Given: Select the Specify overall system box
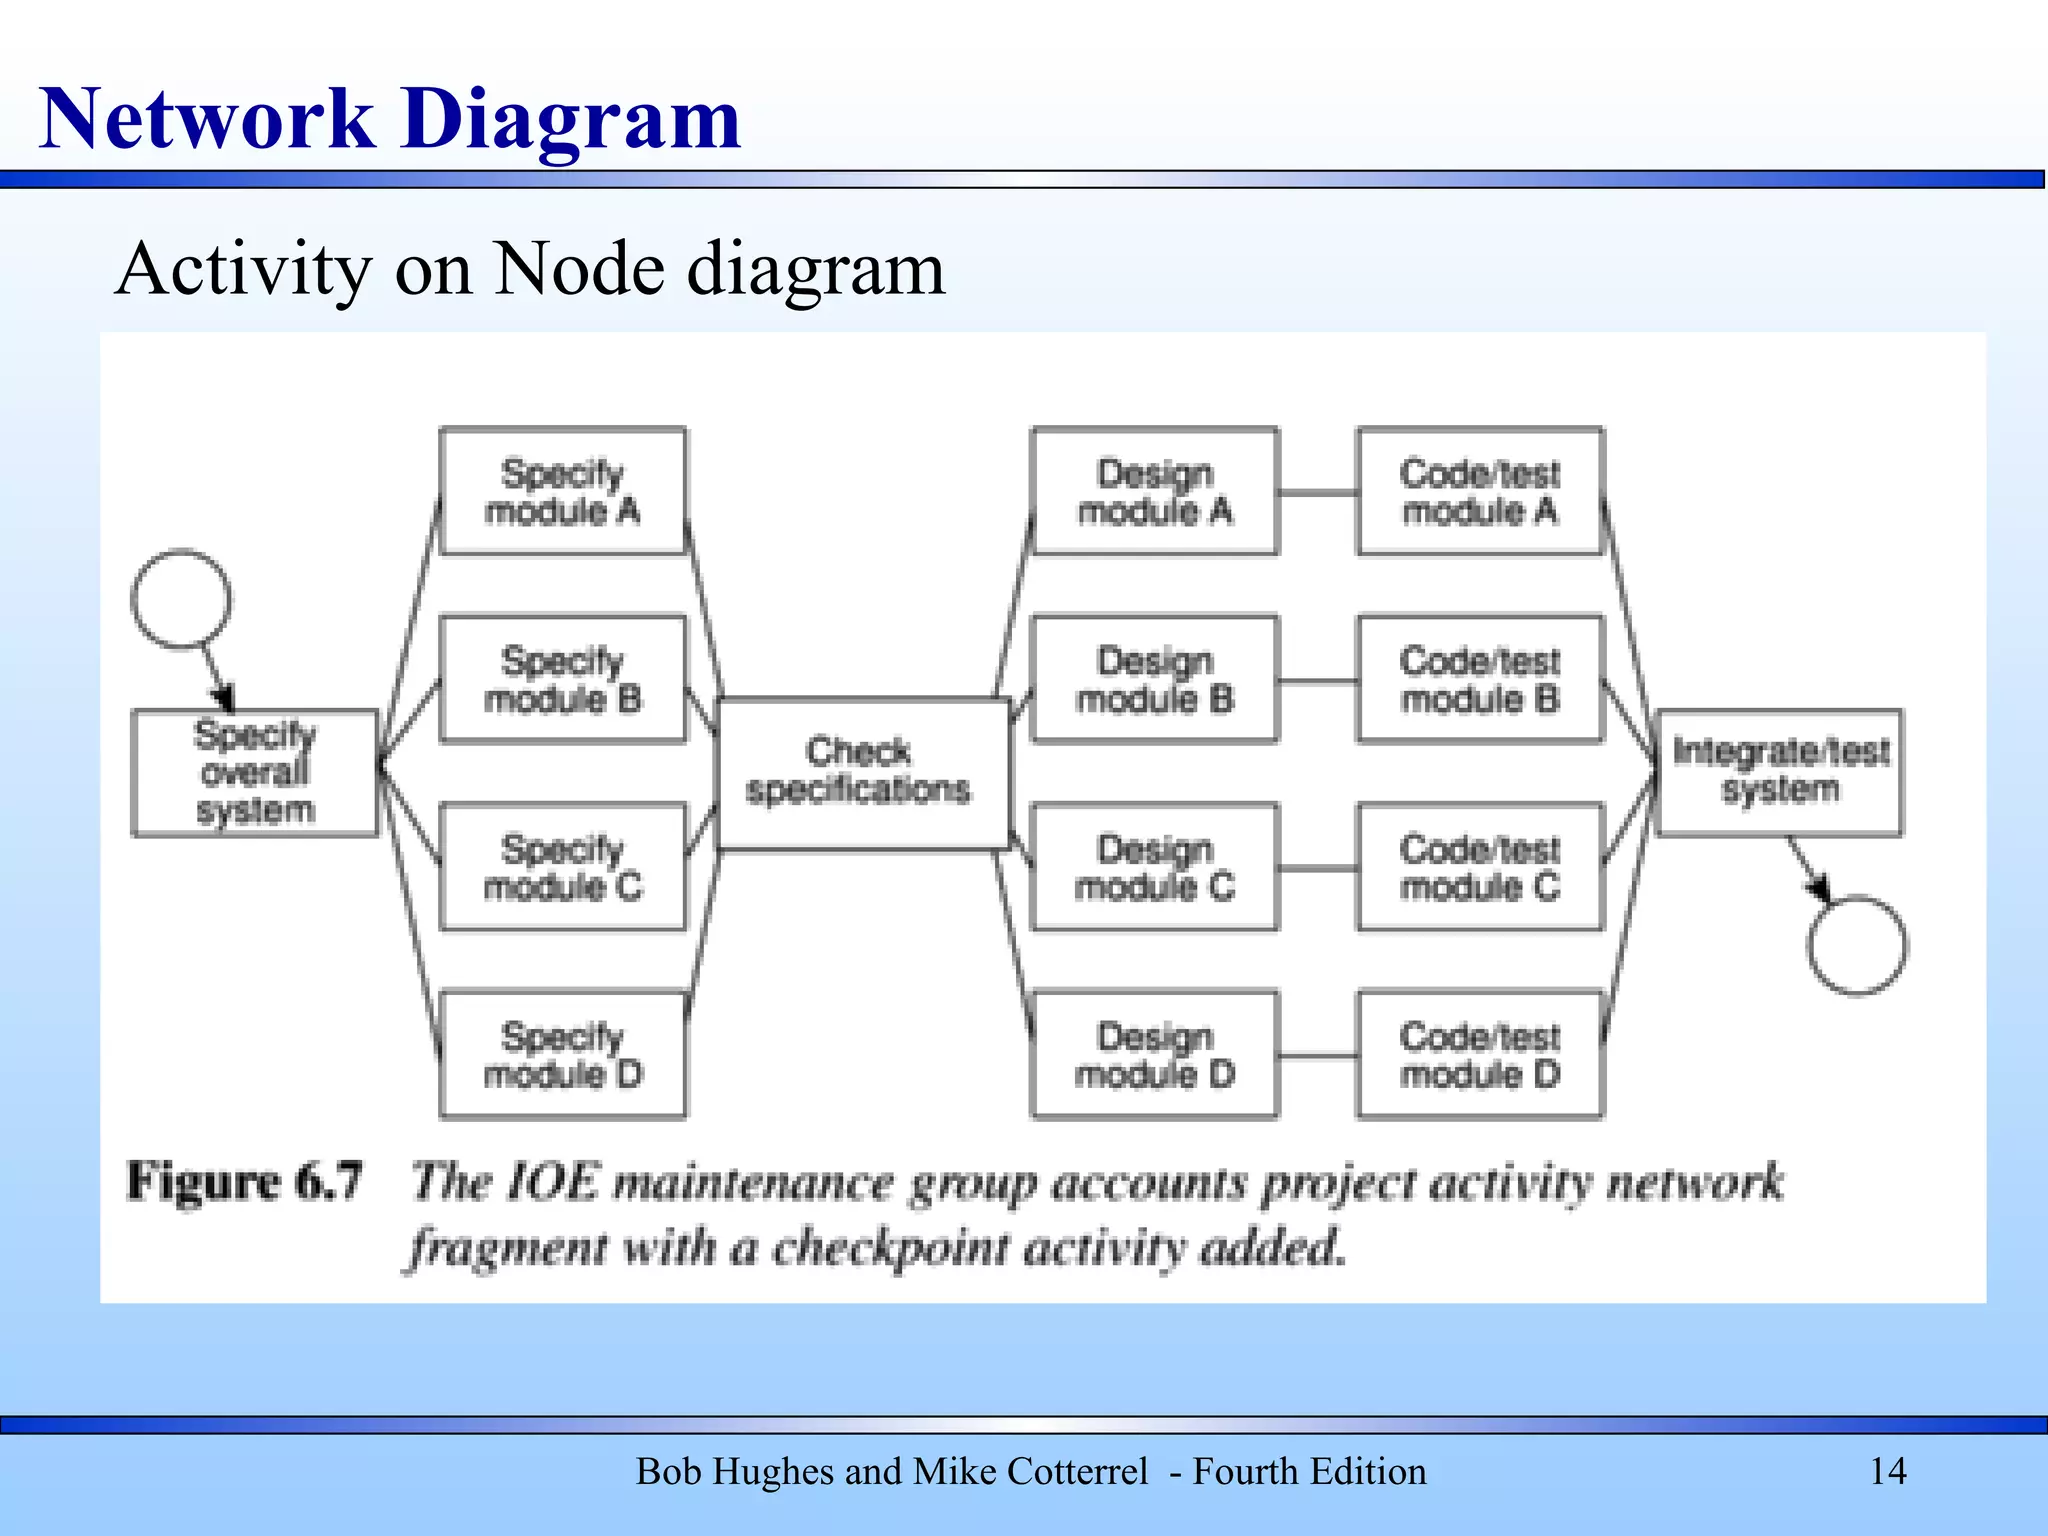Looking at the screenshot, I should (255, 773).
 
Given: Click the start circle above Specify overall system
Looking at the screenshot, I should (181, 598).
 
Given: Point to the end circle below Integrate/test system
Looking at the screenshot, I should (1856, 945).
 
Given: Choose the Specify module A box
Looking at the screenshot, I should (563, 491).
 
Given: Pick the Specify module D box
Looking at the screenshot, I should (563, 1054).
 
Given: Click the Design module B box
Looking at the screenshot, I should (1155, 679).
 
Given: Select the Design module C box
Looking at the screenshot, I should (1155, 867).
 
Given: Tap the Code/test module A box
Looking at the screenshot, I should (1480, 491).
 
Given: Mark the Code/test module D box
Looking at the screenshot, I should (1480, 1054).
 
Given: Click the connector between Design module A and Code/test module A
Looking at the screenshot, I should (1318, 492).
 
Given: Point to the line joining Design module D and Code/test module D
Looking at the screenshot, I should (1318, 1055).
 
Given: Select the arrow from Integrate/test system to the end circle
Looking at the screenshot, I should (1808, 868).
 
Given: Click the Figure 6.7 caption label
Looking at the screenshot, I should (244, 1181).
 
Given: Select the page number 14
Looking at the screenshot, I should (1887, 1471).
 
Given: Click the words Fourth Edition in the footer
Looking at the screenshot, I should (1309, 1471).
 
